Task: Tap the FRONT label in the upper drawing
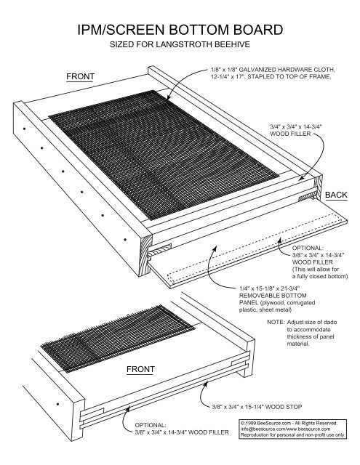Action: (x=80, y=76)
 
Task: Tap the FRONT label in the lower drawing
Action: (x=140, y=369)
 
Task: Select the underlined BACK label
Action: (x=336, y=195)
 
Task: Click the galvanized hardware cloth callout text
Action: (x=268, y=73)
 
